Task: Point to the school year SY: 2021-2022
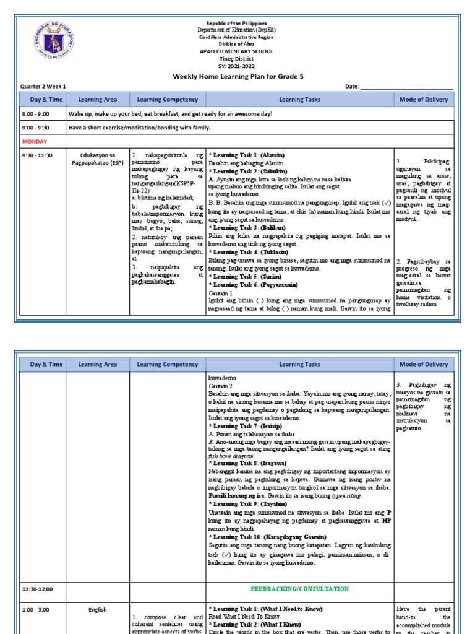pyautogui.click(x=238, y=66)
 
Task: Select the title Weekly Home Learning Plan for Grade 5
pyautogui.click(x=238, y=77)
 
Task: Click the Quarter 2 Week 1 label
pyautogui.click(x=43, y=86)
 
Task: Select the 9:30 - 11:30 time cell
pyautogui.click(x=37, y=155)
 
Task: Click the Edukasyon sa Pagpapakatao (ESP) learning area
pyautogui.click(x=98, y=158)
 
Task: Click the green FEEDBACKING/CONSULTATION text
pyautogui.click(x=299, y=589)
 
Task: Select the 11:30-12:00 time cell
pyautogui.click(x=37, y=589)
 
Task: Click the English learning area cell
pyautogui.click(x=98, y=610)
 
